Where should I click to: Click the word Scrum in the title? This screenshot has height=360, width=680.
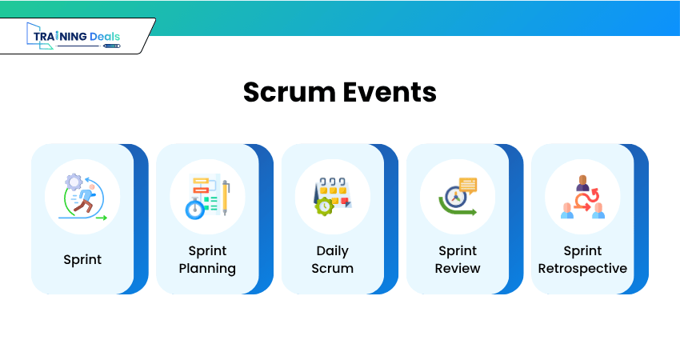(x=290, y=92)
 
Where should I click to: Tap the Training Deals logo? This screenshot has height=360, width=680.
(x=74, y=36)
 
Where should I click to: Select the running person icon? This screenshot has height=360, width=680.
(x=83, y=198)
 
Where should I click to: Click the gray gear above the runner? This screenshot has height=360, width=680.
(x=74, y=182)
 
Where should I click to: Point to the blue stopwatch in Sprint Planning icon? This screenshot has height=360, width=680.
(x=195, y=209)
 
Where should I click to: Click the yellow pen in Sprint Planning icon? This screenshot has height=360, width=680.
(x=226, y=198)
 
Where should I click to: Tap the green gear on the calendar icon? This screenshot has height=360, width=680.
(x=324, y=206)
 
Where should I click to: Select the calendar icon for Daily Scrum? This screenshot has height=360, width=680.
(x=333, y=197)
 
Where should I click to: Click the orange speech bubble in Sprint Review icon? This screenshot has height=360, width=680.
(x=468, y=186)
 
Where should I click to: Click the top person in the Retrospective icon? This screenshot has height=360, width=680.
(x=583, y=183)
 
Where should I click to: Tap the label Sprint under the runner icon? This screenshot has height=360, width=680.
(x=82, y=259)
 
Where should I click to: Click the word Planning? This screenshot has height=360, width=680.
(x=207, y=269)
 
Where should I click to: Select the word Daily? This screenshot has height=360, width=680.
(x=333, y=250)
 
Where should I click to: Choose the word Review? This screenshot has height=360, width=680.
(x=458, y=269)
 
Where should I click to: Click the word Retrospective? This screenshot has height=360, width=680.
(x=582, y=269)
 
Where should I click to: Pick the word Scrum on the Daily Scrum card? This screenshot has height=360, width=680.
(x=333, y=269)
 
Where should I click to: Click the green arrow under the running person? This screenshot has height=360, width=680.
(x=102, y=218)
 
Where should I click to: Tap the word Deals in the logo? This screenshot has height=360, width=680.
(x=105, y=37)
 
